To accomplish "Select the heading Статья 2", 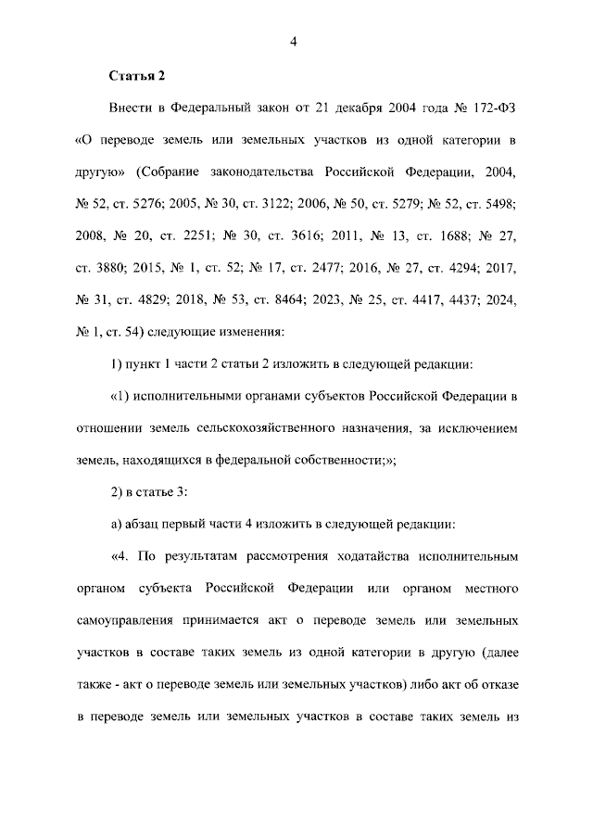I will point(136,75).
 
